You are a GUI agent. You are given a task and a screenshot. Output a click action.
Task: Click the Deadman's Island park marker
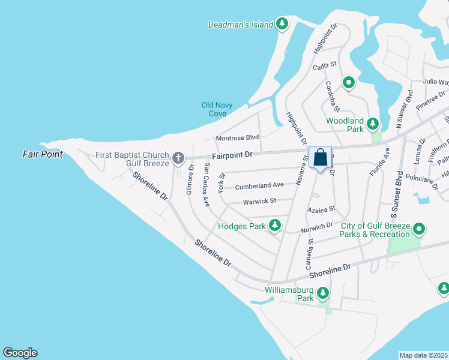pos(282,25)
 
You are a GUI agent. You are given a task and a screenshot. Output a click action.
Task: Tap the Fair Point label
pos(43,154)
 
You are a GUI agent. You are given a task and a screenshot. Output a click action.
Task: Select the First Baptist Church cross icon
pos(178,158)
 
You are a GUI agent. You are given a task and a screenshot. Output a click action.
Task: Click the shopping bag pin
pos(321,158)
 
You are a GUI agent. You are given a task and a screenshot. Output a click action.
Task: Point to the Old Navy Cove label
pos(214,109)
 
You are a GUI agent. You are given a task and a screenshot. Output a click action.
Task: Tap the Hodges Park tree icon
pos(275,226)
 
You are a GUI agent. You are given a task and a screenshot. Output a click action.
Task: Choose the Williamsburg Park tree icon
pos(323,293)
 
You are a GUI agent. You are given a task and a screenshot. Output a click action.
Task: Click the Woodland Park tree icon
pos(373,124)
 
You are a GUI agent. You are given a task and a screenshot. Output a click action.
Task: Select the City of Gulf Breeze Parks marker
pos(420,229)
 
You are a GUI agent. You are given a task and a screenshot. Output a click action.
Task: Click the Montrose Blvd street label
pos(237,137)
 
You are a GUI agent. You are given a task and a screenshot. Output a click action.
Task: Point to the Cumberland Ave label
pos(259,186)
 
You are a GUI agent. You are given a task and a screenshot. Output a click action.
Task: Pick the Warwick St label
pos(259,201)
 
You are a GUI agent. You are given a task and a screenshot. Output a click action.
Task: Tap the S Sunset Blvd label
pos(395,198)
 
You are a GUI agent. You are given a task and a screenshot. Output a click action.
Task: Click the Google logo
pos(20,353)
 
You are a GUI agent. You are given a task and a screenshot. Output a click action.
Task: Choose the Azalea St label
pos(321,211)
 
